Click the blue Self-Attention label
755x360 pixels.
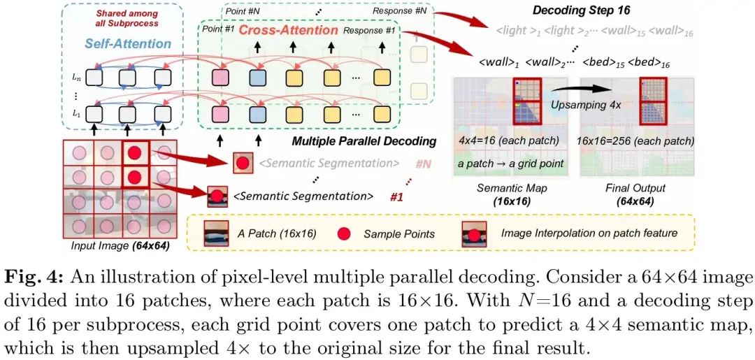coord(127,43)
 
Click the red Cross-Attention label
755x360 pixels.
coord(289,31)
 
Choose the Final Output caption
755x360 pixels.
coord(635,188)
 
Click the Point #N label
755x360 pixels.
coord(245,10)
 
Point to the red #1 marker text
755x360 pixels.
coord(396,197)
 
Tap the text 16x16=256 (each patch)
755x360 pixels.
coord(636,141)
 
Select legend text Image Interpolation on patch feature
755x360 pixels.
coord(589,233)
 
